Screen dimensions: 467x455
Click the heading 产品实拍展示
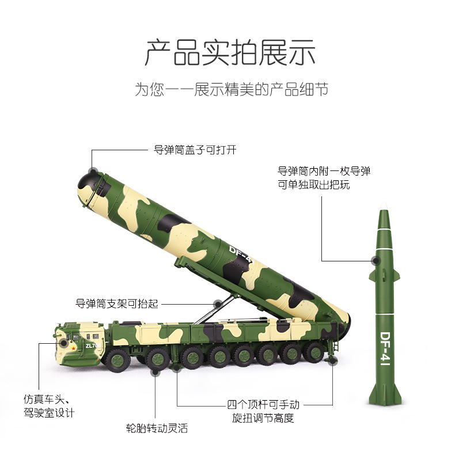coord(230,52)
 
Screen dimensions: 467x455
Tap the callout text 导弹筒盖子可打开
coord(195,150)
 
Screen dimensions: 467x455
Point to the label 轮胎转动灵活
coord(157,428)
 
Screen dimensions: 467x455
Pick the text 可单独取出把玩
coord(314,185)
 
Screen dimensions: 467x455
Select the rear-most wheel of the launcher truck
coord(314,352)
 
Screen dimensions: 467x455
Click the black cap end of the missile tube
coord(88,183)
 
